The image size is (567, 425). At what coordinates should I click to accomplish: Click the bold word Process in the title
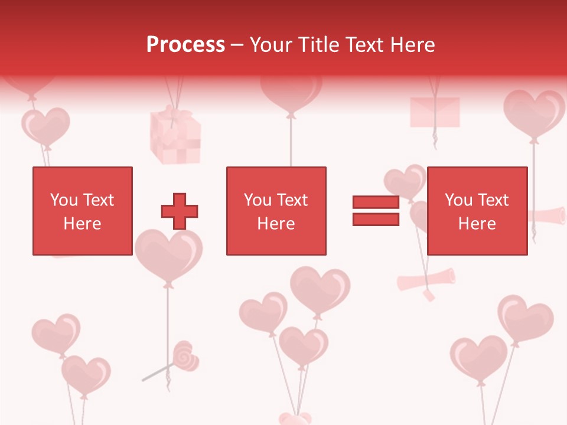[185, 45]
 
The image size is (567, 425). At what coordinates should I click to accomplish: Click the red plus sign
[180, 211]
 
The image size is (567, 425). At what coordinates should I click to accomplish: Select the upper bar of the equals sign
[376, 202]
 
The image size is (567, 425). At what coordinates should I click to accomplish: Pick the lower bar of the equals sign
[376, 220]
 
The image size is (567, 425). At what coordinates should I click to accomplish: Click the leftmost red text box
[82, 211]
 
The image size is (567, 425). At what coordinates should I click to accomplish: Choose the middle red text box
[276, 211]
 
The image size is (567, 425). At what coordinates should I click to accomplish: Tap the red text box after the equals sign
[477, 211]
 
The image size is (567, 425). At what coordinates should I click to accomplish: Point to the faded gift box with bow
[175, 136]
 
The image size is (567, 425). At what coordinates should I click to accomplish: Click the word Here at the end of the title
[413, 45]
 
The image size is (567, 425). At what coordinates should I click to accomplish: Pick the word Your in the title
[271, 45]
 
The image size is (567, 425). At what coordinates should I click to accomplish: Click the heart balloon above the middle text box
[291, 94]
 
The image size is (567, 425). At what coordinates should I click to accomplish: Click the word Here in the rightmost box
[477, 224]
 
